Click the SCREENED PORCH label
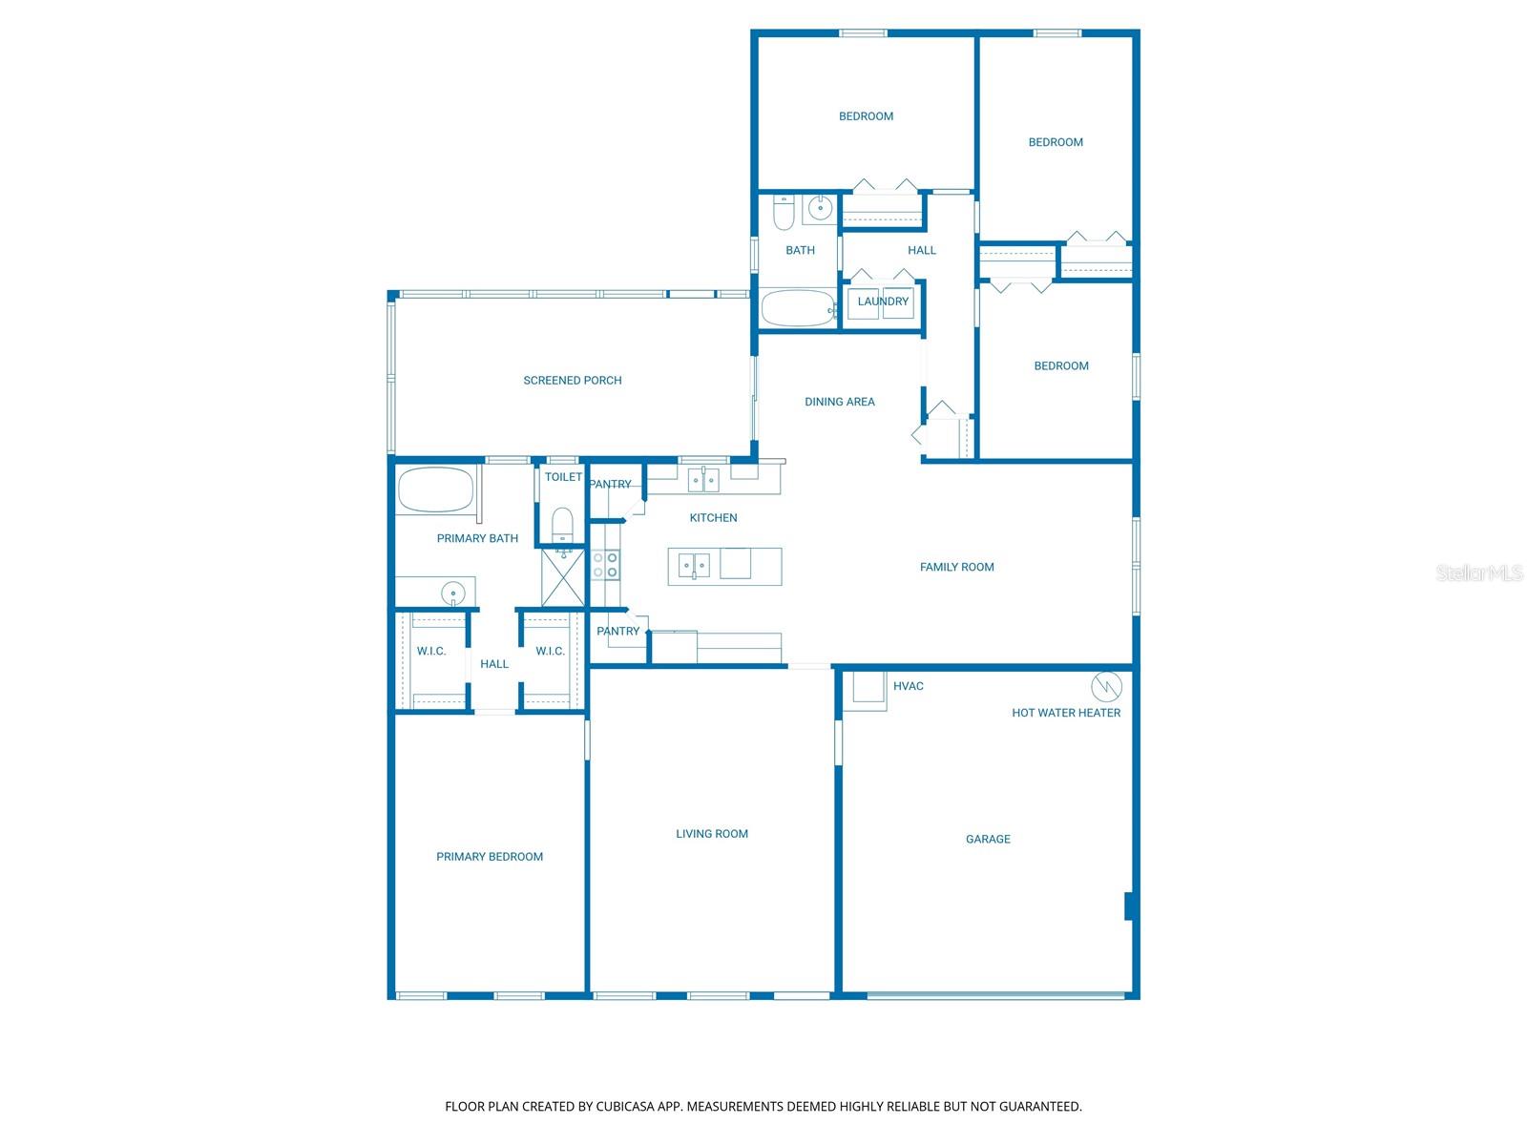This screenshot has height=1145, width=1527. [573, 380]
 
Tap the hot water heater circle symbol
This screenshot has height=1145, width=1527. [1106, 686]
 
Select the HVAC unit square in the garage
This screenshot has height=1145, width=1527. [868, 687]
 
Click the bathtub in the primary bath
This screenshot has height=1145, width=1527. [435, 489]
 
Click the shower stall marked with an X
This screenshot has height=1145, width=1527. [562, 577]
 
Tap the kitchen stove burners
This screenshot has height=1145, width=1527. [605, 565]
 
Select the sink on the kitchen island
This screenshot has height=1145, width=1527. [694, 566]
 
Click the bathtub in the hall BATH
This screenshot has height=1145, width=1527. [798, 308]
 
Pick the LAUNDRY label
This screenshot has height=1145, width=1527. [883, 302]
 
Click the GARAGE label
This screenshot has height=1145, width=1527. [988, 839]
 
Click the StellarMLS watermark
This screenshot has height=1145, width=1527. [1478, 572]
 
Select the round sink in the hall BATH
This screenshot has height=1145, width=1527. [820, 207]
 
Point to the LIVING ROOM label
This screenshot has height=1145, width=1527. [712, 833]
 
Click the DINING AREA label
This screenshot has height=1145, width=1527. [839, 402]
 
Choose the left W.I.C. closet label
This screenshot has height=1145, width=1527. [431, 651]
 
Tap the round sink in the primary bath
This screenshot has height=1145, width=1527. [452, 593]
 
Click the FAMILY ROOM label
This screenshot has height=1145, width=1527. [956, 567]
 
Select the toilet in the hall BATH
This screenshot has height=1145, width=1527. [784, 213]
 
